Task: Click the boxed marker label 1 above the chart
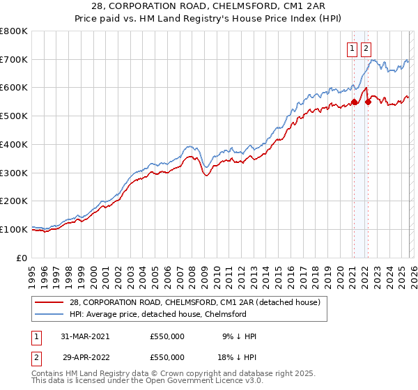pos(353,48)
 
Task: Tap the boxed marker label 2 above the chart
pos(366,48)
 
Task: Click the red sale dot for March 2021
pos(354,102)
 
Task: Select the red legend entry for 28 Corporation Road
pos(194,302)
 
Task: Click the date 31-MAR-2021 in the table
pos(86,336)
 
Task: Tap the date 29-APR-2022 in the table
pos(86,357)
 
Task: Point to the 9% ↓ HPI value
pos(240,336)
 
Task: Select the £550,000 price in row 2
pos(167,357)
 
